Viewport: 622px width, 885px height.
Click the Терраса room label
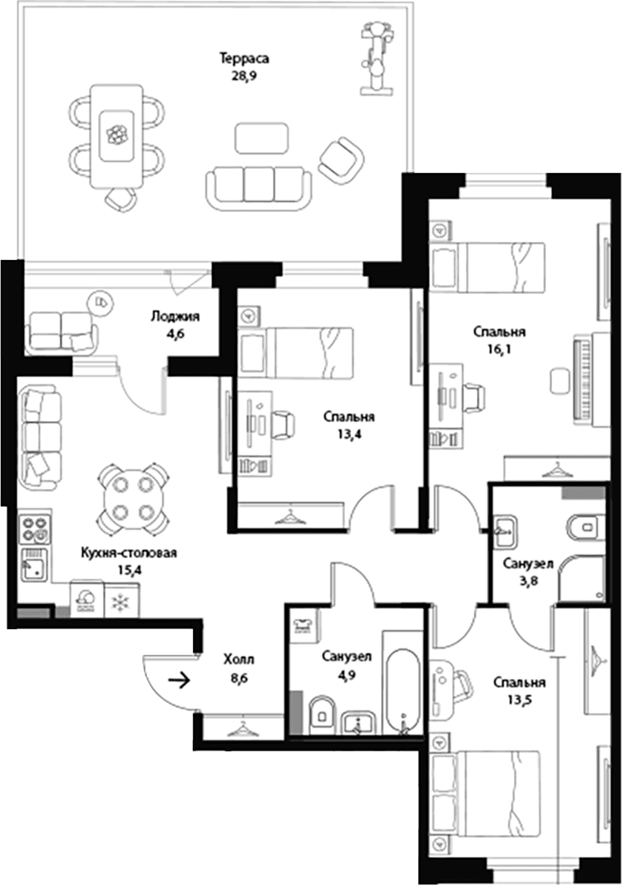click(x=244, y=58)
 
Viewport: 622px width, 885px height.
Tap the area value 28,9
click(x=244, y=75)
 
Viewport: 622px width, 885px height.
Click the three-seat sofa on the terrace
click(x=259, y=189)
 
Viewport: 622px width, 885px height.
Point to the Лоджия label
click(x=175, y=317)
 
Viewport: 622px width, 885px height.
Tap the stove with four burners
click(x=34, y=528)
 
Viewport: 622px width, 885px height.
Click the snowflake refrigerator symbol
click(x=121, y=603)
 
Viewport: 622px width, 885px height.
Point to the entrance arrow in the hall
click(x=180, y=681)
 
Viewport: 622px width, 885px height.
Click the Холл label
click(x=239, y=660)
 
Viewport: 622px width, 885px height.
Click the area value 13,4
click(x=349, y=434)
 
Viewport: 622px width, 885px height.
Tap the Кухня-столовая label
click(x=129, y=553)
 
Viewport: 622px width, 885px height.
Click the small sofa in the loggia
click(x=61, y=332)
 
